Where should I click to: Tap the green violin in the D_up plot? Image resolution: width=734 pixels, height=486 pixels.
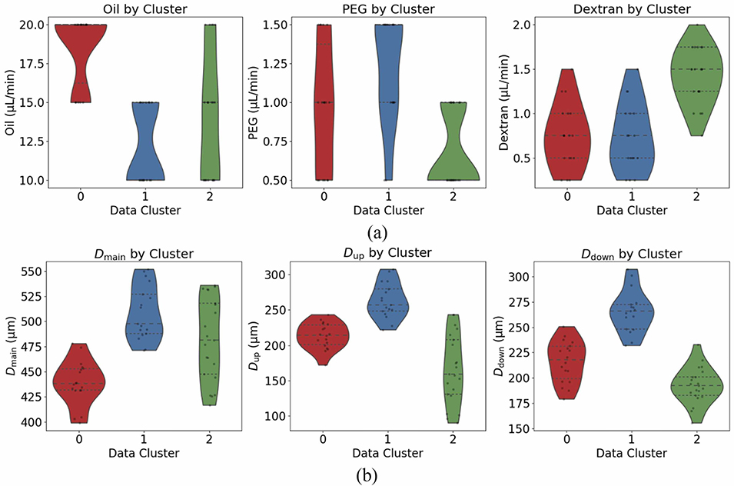point(451,369)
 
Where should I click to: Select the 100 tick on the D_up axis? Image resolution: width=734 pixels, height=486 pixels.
point(277,416)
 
